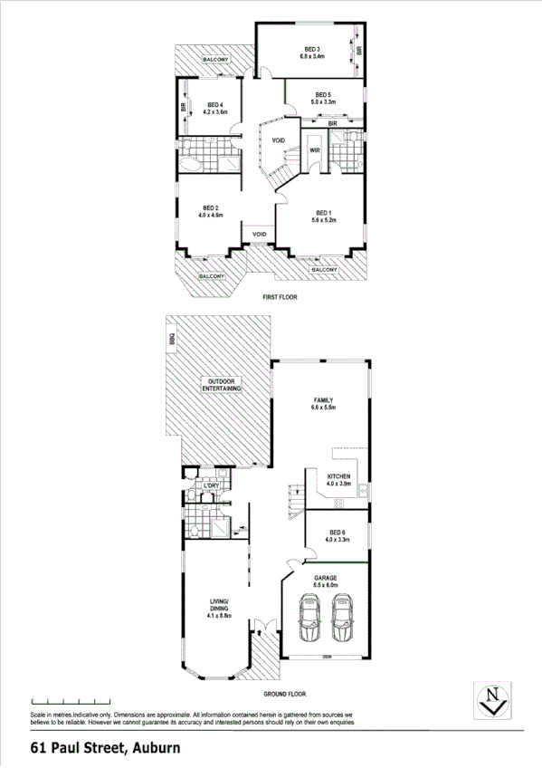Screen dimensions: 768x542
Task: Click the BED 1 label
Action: coord(322,212)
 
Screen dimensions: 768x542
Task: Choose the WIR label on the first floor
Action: coord(315,150)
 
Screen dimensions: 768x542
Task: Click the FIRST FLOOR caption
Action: coord(280,297)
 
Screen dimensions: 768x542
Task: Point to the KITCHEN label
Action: coord(338,475)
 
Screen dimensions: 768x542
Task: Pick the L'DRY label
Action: coord(212,486)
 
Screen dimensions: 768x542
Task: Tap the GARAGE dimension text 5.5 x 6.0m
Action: coord(326,585)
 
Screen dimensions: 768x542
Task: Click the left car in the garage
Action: coord(309,621)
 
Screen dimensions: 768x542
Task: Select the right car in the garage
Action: coord(341,621)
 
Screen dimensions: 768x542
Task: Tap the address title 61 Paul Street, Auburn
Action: coord(105,749)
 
